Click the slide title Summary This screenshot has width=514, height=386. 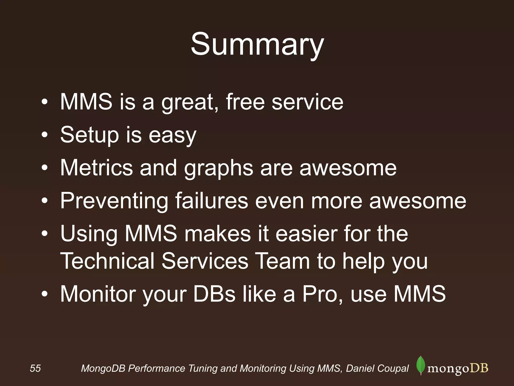(257, 45)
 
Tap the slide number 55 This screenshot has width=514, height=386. (35, 368)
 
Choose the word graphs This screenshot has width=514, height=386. (219, 169)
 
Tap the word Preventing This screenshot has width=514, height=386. (114, 201)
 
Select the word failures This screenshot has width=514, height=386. (212, 201)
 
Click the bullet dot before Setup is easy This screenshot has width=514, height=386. (44, 135)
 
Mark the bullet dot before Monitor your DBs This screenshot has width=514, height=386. (44, 294)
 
